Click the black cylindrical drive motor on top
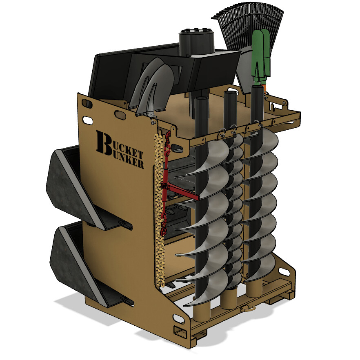(197, 41)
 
